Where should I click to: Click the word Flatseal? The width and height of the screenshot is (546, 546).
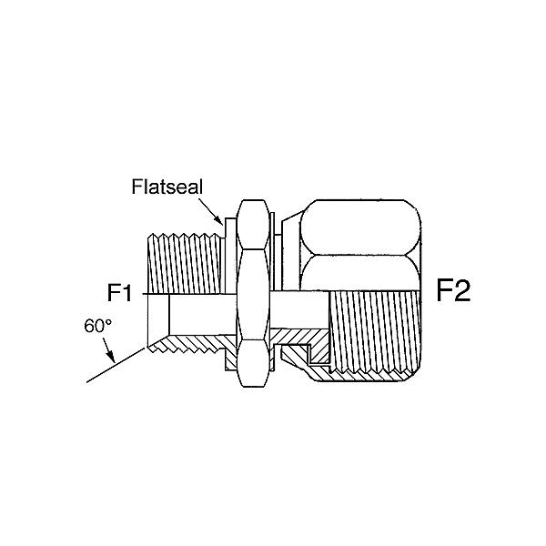(x=167, y=187)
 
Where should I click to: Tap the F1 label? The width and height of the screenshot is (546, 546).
(x=120, y=293)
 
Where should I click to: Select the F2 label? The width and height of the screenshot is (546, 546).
(x=453, y=291)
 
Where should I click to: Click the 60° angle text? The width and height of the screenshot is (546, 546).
(x=98, y=327)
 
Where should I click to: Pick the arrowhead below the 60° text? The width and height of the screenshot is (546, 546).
(x=110, y=357)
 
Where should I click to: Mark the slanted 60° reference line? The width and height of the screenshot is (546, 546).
(x=116, y=365)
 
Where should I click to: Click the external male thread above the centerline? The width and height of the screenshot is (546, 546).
(x=184, y=264)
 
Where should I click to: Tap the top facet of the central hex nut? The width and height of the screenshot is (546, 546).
(x=254, y=224)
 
